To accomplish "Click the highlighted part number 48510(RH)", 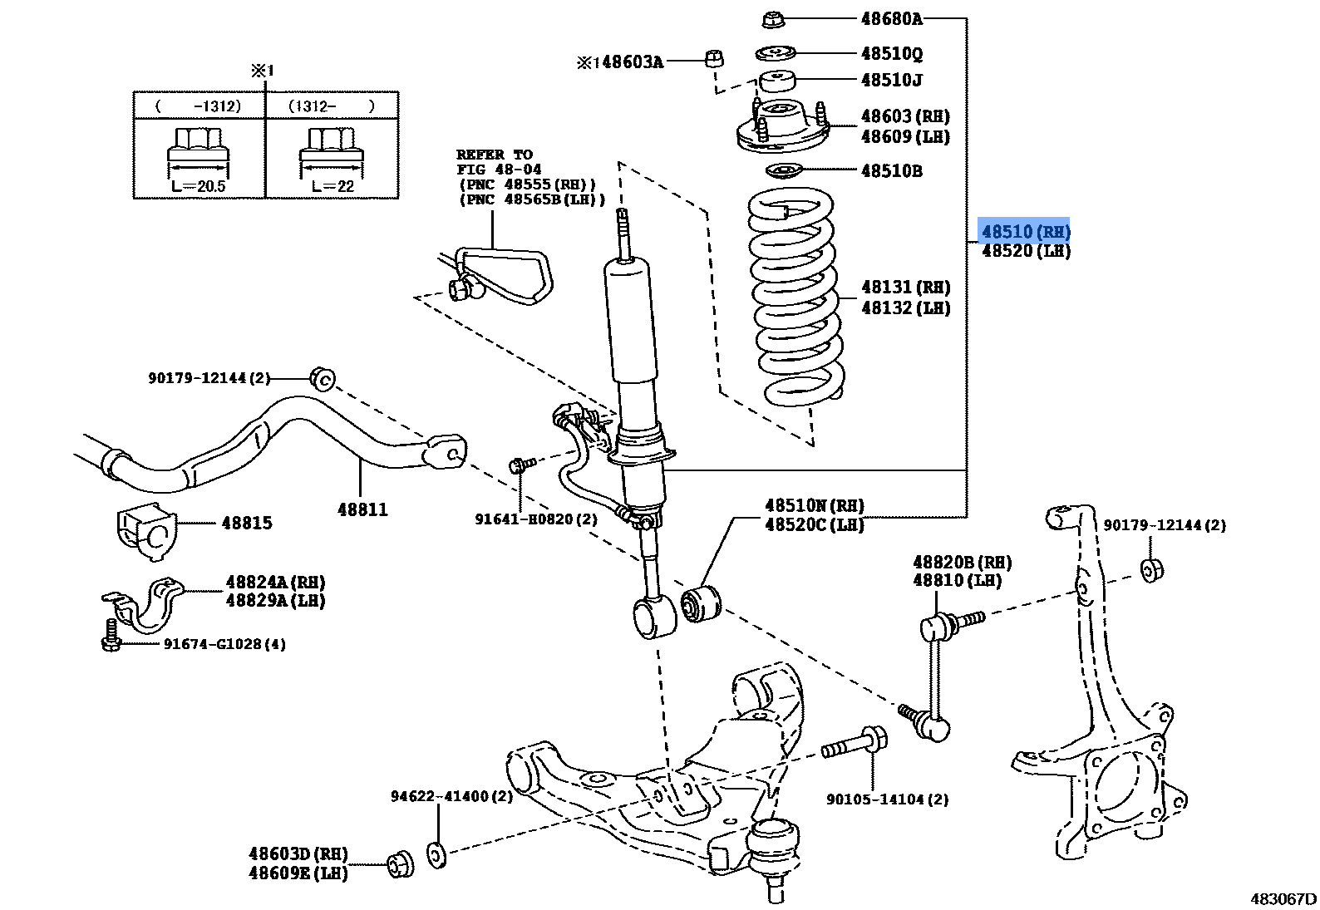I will [x=1025, y=232].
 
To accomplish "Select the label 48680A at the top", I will [x=891, y=18].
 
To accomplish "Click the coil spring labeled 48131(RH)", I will [x=794, y=299].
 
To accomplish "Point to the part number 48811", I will [x=362, y=509].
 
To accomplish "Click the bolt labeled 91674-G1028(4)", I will [x=110, y=637].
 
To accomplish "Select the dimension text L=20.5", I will [x=198, y=186].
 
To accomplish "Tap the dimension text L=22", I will [x=332, y=186].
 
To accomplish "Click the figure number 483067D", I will [x=1283, y=898].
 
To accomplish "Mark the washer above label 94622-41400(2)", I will [x=436, y=853].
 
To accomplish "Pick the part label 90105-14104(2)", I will [x=887, y=799].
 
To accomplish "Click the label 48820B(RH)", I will [x=962, y=563].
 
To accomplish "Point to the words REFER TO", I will [x=494, y=155].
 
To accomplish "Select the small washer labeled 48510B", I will [x=782, y=172].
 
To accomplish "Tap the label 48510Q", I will [x=891, y=54].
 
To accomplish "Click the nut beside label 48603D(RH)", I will [x=401, y=864].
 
